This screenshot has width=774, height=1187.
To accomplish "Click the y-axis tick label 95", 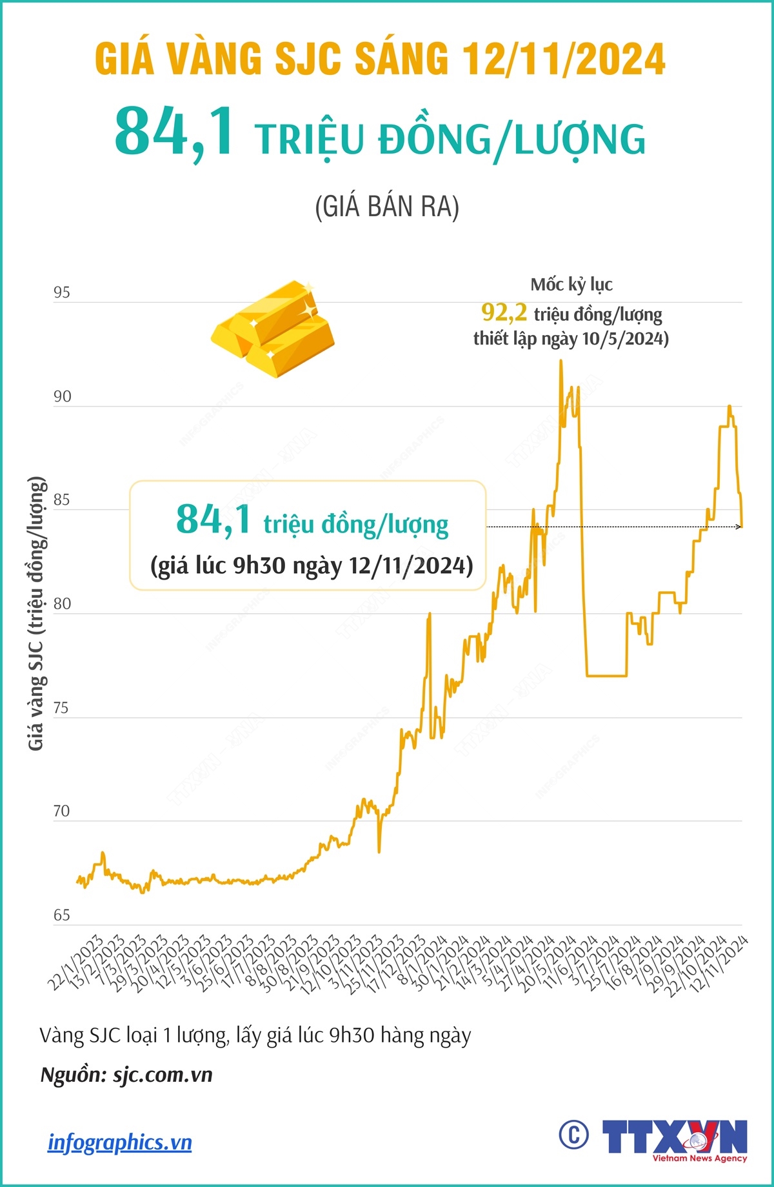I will [62, 293].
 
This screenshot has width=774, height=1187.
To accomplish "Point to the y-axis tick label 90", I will [62, 397].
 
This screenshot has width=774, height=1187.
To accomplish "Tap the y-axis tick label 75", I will [61, 708].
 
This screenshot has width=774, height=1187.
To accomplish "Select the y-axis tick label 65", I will [61, 915].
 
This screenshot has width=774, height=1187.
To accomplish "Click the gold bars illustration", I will [273, 328].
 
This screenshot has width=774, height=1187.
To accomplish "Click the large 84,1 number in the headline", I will [175, 133].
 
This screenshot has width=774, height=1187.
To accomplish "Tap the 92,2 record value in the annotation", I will [504, 313].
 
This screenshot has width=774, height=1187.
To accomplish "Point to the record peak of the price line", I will [561, 361].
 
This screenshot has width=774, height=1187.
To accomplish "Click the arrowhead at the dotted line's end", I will [739, 527].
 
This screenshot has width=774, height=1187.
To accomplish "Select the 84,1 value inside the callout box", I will [213, 520].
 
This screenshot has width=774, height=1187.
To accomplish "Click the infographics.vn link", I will [120, 1142].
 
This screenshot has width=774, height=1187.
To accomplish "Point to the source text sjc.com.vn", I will [163, 1075].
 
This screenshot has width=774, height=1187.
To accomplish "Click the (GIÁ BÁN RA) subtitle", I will [387, 207].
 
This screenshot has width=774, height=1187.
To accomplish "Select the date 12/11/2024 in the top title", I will [564, 59].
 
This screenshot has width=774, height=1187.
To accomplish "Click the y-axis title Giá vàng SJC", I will [36, 613].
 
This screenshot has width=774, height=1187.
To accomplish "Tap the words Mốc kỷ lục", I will [571, 285].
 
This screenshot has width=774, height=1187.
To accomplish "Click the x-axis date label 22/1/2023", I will [75, 962].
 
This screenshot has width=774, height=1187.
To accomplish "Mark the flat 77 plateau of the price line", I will [606, 676].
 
